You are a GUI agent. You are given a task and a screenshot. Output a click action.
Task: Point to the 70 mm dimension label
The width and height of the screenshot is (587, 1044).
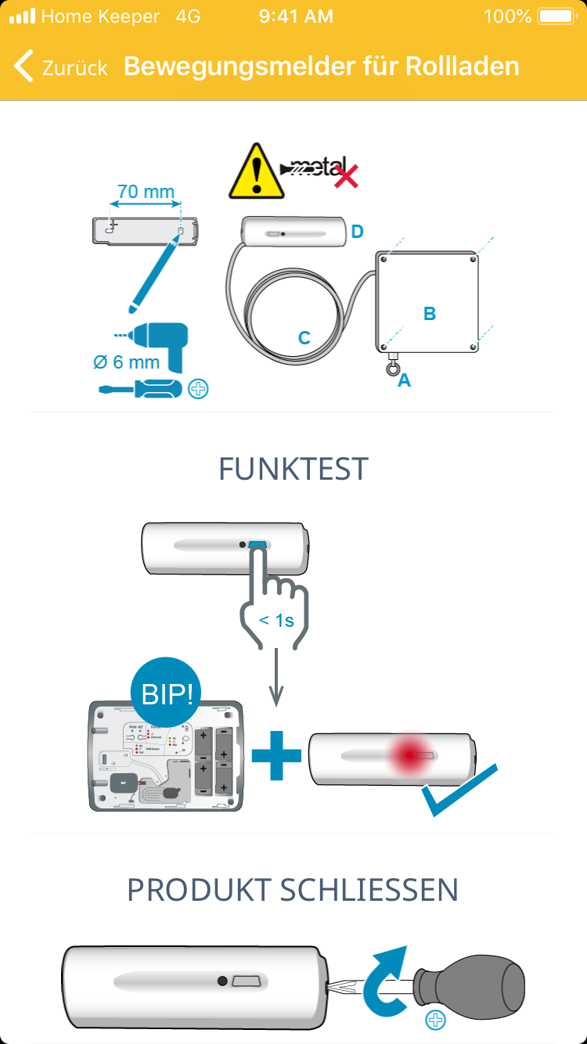coord(146,192)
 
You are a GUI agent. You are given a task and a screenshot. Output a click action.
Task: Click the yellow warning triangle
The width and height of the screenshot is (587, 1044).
coord(256,171)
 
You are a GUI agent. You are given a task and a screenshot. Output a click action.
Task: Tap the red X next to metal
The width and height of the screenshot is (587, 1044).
coord(345,176)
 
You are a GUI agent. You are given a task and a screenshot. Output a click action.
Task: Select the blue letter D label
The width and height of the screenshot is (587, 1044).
coord(357,231)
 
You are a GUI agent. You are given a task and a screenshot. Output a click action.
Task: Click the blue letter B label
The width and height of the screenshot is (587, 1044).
coord(430,314)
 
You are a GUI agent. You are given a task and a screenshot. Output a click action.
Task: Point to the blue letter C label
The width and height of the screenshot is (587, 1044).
coord(304,338)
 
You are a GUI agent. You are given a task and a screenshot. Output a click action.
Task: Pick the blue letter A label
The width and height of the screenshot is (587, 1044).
coord(404,380)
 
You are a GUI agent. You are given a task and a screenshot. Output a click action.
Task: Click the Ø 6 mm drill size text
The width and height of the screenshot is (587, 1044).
coord(126,362)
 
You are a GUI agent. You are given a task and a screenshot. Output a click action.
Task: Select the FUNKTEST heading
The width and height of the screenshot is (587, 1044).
coord(293,470)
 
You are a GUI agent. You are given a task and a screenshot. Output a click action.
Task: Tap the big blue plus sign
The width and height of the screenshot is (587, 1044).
coord(276,754)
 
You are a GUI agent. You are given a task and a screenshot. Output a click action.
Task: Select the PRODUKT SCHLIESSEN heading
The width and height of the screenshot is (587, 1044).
coord(293,890)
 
